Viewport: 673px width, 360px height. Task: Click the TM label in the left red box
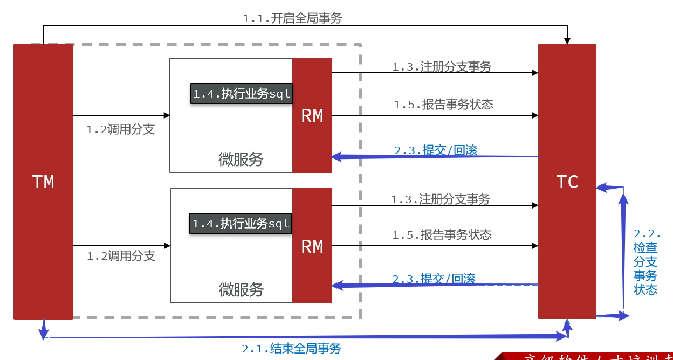click(43, 182)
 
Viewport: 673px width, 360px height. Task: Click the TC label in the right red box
click(567, 182)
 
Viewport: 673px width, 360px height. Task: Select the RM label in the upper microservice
click(312, 116)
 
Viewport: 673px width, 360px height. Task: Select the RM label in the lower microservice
click(312, 246)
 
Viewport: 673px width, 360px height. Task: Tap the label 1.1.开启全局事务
click(292, 18)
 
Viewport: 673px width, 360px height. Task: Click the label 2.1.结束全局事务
click(291, 348)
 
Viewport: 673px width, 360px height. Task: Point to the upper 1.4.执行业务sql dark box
click(242, 94)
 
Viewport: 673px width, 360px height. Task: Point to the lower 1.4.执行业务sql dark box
click(241, 223)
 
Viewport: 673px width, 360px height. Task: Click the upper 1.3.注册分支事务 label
click(442, 67)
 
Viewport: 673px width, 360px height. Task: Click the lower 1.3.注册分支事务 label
click(440, 199)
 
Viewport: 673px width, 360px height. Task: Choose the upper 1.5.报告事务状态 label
click(443, 105)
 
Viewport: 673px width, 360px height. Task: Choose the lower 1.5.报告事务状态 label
click(442, 235)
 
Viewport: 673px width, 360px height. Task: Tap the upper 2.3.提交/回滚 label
click(436, 150)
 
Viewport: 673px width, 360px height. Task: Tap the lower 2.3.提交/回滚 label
click(434, 279)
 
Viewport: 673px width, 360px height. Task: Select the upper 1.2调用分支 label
click(120, 129)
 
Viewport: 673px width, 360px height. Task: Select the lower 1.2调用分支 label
click(121, 256)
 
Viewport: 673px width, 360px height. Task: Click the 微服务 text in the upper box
click(241, 159)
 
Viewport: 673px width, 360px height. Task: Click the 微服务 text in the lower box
click(241, 289)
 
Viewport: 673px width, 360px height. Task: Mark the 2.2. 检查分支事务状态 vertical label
click(646, 262)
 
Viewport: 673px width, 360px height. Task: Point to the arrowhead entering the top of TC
click(567, 41)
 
